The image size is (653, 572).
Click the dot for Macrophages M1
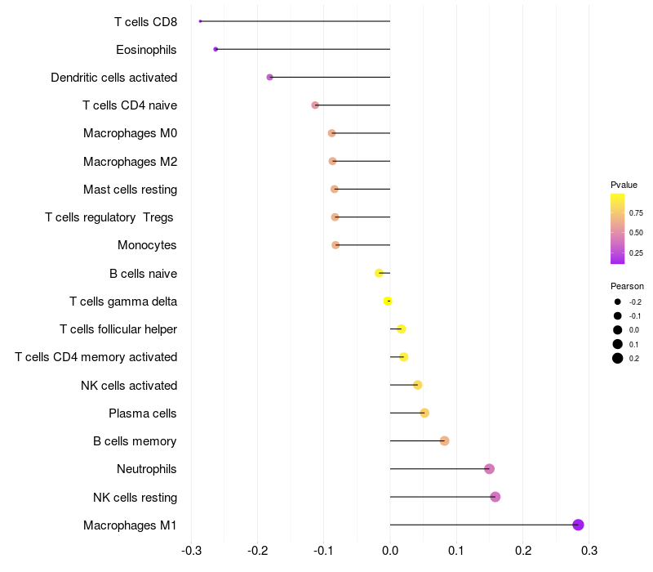coord(578,525)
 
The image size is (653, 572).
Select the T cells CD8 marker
coord(200,21)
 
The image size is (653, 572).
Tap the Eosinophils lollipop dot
coord(215,49)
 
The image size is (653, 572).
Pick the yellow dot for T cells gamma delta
coord(388,301)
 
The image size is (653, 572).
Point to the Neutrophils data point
coord(489,469)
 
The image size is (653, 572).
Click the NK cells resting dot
coord(495,497)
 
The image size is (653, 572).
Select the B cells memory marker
coord(444,441)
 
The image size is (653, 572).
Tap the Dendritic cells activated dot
coord(270,77)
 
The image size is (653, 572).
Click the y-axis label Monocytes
coord(147,245)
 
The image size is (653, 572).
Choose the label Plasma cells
coord(142,413)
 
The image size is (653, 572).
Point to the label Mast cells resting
coord(131,190)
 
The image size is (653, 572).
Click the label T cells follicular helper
coord(118,329)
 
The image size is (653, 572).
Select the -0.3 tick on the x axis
coord(192,551)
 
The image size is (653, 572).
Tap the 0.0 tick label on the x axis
coord(390,551)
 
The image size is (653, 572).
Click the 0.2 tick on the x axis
coord(523,551)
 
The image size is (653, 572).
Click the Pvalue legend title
coord(624,185)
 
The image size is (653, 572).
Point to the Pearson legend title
coord(627,287)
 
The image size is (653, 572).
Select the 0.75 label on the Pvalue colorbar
coord(636,213)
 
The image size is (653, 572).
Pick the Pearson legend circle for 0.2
coord(618,358)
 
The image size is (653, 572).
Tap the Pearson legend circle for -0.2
coord(618,302)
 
